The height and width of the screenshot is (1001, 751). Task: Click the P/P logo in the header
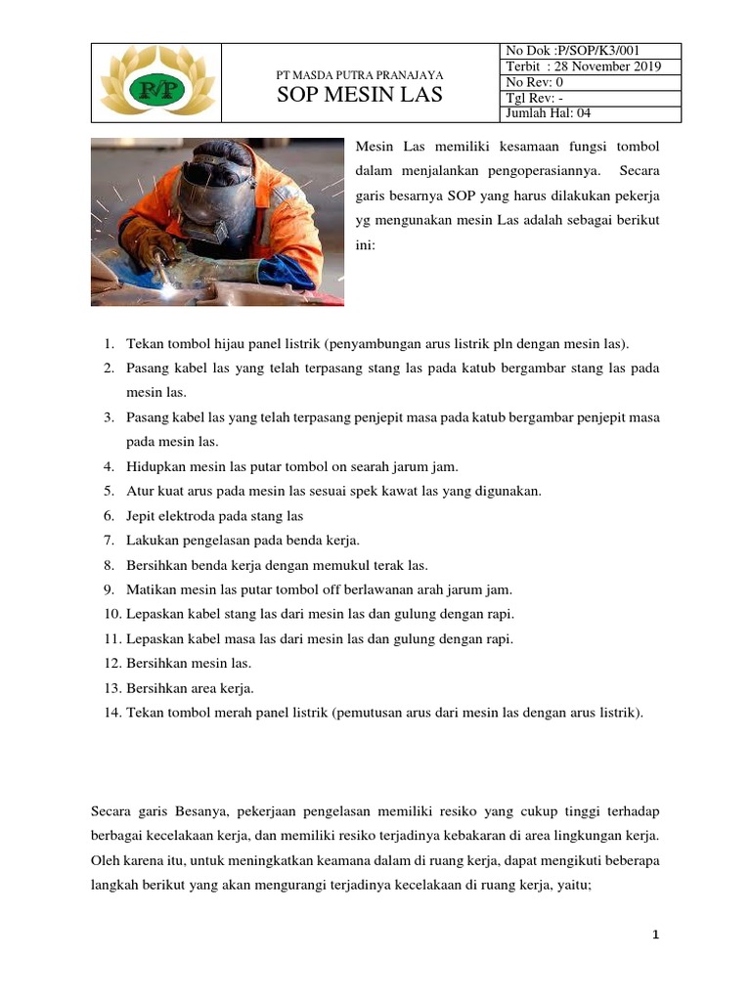(x=156, y=84)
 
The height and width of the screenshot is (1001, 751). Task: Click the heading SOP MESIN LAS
(x=361, y=95)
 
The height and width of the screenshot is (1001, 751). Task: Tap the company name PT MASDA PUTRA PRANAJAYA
(x=361, y=74)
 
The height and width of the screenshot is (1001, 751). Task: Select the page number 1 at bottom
(x=656, y=936)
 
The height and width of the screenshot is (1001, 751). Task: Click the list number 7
(x=110, y=540)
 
